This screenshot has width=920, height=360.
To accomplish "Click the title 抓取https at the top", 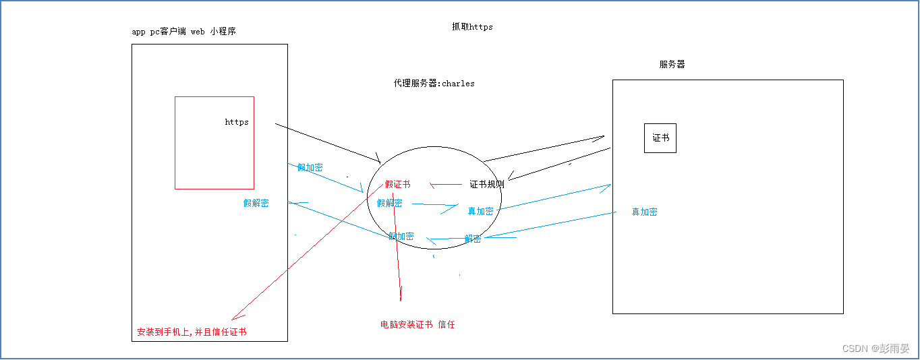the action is [472, 27].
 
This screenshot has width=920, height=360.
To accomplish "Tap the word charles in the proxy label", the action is [458, 84].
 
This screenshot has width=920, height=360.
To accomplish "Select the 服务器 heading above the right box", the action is [672, 65].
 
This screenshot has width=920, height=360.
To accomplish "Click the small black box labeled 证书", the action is [660, 138].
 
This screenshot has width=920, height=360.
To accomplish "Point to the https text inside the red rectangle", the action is [237, 122].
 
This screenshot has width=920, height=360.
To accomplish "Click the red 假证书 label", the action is [397, 184].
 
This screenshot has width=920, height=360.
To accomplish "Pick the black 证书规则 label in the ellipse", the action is [487, 184].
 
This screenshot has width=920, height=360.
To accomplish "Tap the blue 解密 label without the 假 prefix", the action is [473, 239].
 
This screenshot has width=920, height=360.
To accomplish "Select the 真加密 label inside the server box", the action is [644, 212].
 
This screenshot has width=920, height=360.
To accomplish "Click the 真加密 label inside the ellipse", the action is [480, 211].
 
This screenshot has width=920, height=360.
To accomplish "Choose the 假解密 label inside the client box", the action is [256, 203].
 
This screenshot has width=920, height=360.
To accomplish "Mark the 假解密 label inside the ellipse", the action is [389, 203].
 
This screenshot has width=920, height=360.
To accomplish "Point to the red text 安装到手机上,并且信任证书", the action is [192, 332].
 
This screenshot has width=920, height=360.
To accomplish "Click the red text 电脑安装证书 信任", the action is [418, 324].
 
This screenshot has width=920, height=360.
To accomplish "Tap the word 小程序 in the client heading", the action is [223, 32].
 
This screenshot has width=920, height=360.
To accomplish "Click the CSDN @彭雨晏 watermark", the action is [875, 349].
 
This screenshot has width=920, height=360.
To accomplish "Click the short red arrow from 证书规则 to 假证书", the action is [445, 184].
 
